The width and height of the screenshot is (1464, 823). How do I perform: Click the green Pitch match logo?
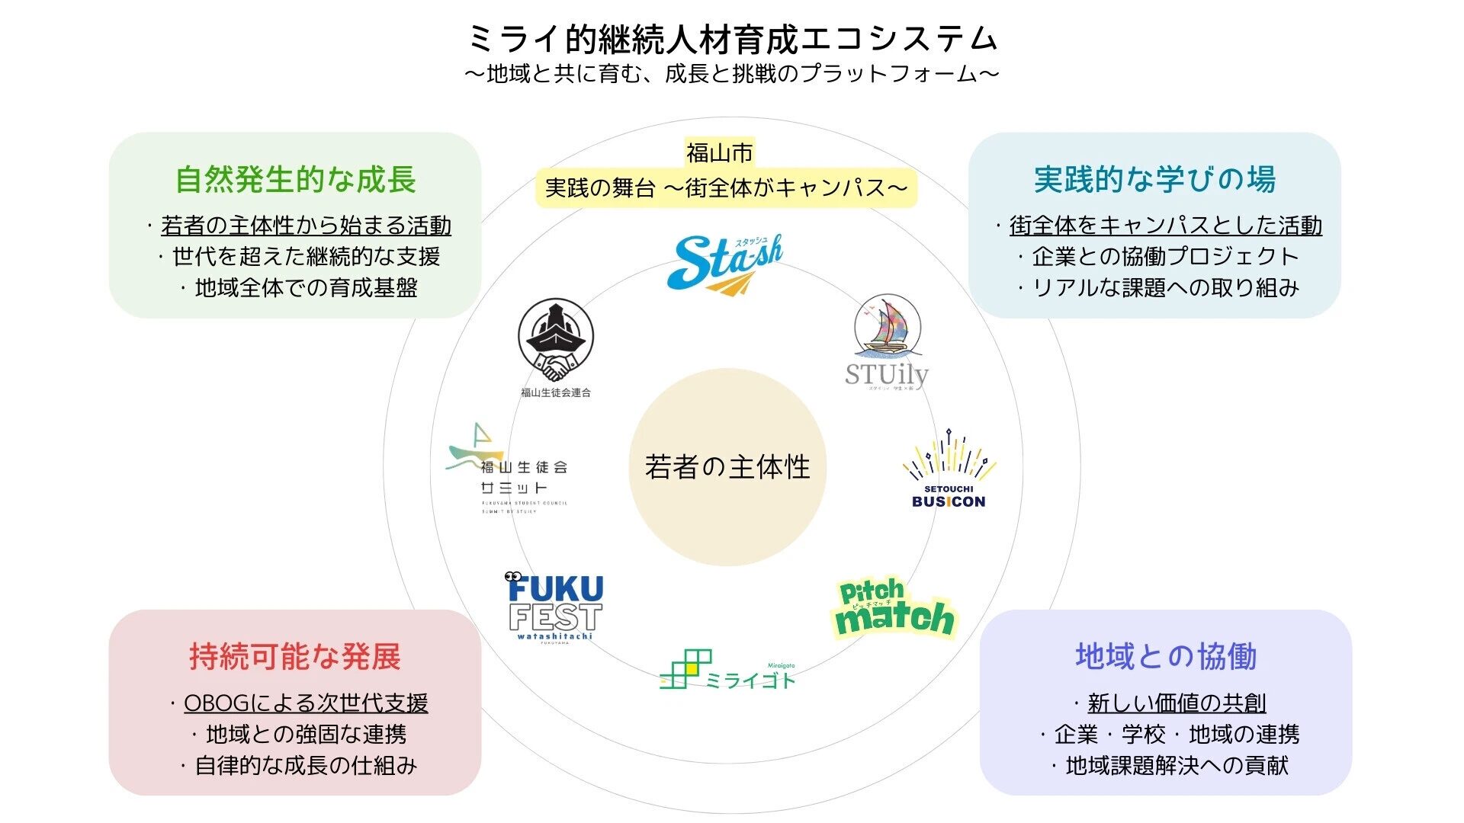click(x=892, y=610)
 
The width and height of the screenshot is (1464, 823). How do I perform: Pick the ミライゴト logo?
click(x=727, y=671)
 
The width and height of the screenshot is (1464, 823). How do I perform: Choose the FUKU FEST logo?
click(x=555, y=608)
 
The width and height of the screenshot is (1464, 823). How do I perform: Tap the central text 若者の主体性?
click(x=727, y=467)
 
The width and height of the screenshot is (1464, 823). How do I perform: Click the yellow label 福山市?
click(x=719, y=153)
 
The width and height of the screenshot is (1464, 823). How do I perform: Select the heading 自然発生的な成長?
click(x=296, y=180)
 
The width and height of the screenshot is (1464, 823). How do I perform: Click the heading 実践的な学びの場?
click(x=1154, y=180)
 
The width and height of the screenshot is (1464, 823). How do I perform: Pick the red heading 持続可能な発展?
click(x=295, y=657)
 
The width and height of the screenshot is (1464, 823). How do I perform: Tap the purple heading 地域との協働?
click(x=1166, y=657)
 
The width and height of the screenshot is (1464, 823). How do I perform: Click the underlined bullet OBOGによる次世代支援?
click(x=306, y=703)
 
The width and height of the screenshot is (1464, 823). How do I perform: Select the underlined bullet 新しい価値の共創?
click(x=1177, y=703)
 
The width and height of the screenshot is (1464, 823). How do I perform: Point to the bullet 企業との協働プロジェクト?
click(x=1165, y=257)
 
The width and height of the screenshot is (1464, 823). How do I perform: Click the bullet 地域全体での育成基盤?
click(x=306, y=288)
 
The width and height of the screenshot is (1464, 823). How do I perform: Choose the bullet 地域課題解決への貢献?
click(x=1177, y=765)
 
